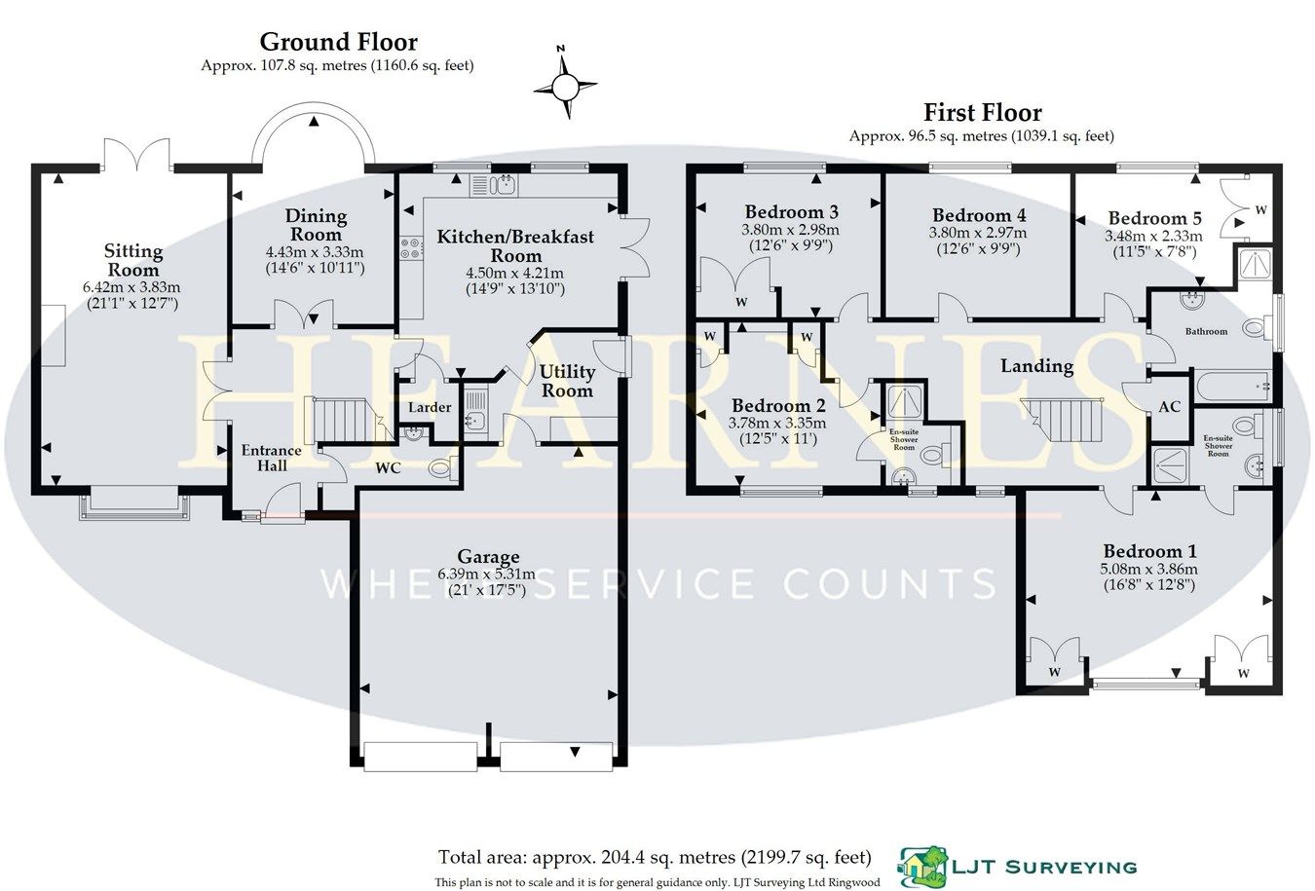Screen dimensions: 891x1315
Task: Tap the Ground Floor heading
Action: [x=338, y=42]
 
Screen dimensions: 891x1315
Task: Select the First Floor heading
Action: [x=983, y=113]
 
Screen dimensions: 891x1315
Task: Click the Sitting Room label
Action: [x=132, y=261]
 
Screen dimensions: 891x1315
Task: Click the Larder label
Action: [x=430, y=407]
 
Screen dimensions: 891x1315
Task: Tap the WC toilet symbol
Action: [x=441, y=469]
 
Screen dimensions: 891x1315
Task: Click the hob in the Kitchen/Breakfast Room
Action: [x=411, y=249]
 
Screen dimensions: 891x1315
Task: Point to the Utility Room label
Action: [x=567, y=381]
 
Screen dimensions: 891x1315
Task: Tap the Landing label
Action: [x=1036, y=366]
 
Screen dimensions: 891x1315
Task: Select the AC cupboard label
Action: [x=1169, y=406]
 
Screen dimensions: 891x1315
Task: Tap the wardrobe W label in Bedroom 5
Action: [x=1260, y=209]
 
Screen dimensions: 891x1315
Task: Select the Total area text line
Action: [x=654, y=858]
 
